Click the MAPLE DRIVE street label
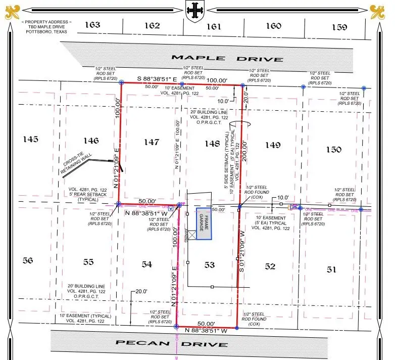click(x=227, y=58)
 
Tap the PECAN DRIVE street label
click(x=172, y=344)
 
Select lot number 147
click(x=151, y=143)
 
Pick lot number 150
click(x=333, y=149)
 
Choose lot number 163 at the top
click(x=92, y=25)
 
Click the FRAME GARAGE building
click(x=204, y=223)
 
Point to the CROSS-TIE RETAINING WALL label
click(x=75, y=165)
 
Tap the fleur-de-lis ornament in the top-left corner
click(x=12, y=11)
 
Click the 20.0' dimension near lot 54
click(x=141, y=292)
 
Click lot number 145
click(x=31, y=139)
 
